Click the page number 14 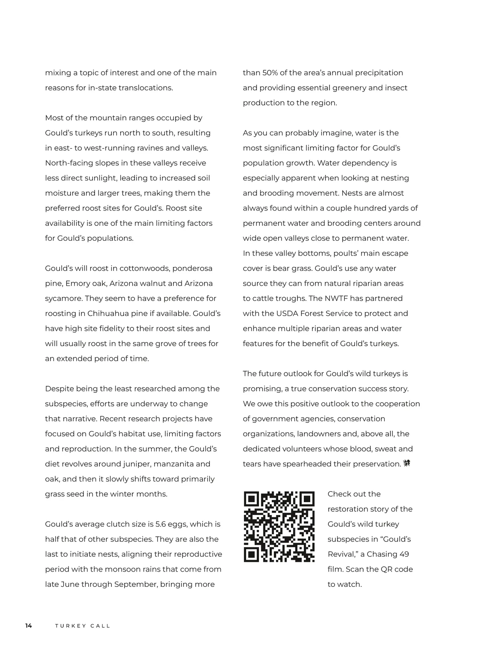point(28,626)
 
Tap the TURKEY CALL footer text point(83,626)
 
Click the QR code point(279,527)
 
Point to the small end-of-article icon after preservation point(407,464)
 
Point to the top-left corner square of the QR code point(252,499)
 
